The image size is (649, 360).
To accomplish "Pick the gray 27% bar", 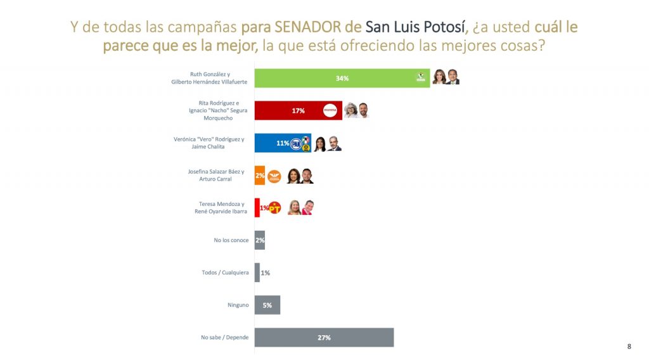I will point(324,337).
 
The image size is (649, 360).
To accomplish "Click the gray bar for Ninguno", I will point(267,305).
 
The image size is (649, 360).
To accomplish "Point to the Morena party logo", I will point(330,110).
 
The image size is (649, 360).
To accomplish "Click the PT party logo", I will point(274,208).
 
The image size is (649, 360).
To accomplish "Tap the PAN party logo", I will point(295,144).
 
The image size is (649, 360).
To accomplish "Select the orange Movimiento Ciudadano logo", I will point(274,176).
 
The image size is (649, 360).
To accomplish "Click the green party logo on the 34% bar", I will point(420,78).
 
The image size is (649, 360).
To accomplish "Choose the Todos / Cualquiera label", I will point(225,273).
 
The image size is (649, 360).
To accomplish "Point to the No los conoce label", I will point(231,240).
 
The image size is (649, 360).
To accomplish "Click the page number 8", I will point(629,346).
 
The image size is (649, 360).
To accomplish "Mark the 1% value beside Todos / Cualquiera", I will point(266,273).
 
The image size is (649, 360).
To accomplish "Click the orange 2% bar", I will point(259,176).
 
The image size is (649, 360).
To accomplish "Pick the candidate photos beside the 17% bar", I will point(356,110).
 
